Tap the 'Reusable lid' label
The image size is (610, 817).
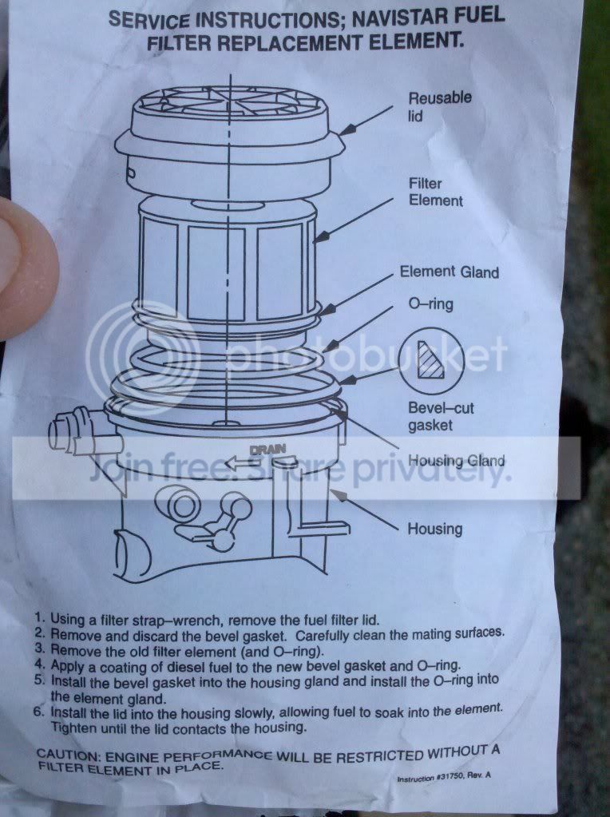click(439, 106)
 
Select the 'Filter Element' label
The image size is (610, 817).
click(435, 192)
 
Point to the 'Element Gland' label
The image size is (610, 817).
click(449, 272)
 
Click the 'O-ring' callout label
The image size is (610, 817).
click(430, 303)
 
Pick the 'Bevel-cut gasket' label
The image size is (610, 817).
click(441, 416)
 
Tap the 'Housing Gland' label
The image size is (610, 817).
click(457, 461)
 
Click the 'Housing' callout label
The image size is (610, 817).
click(435, 529)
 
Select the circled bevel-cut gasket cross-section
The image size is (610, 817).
click(431, 360)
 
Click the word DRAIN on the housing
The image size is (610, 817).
click(267, 450)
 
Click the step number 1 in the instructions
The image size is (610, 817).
click(40, 618)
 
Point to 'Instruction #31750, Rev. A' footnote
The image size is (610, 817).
click(444, 777)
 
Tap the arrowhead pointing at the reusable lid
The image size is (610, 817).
click(348, 129)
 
